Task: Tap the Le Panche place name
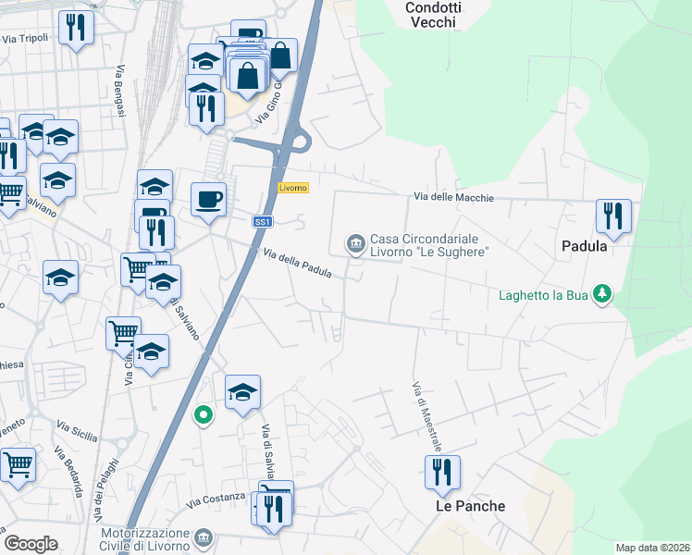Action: pos(471,506)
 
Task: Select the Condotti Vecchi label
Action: pos(431,14)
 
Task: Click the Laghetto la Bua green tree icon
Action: pos(603,294)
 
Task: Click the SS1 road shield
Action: pos(263,222)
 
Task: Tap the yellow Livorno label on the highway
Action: pos(292,188)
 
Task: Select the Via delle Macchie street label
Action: pos(453,197)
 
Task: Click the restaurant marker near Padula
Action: pos(613,216)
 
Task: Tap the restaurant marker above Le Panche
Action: pos(442,473)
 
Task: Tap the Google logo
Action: pos(31,544)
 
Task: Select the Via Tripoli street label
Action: pos(25,39)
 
